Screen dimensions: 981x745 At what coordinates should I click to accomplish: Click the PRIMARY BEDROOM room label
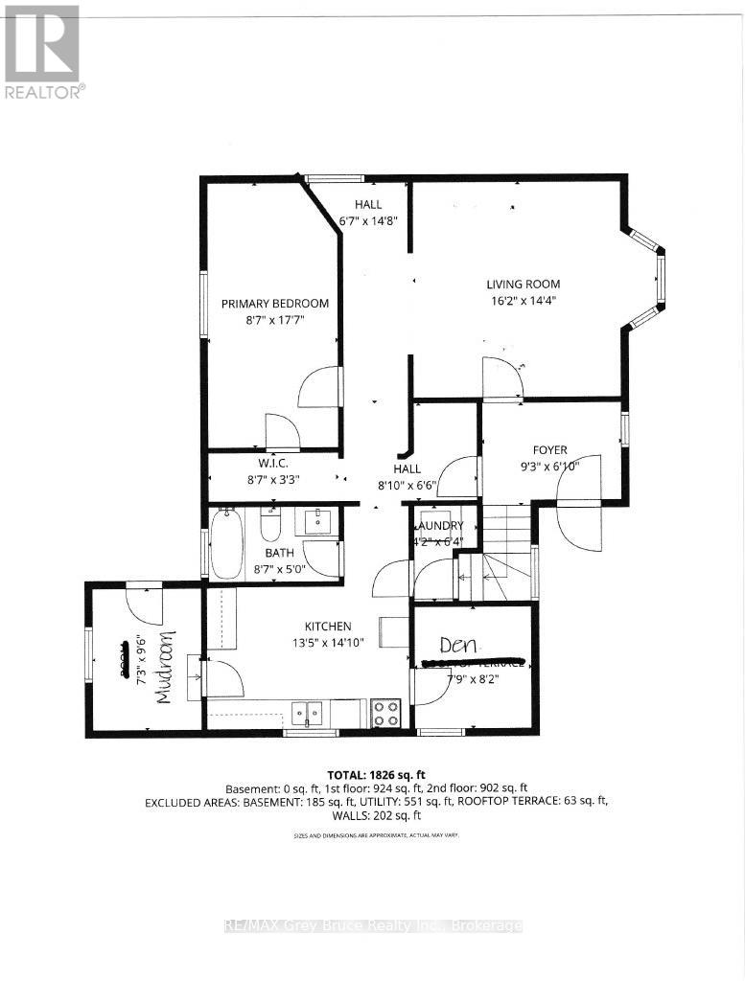[x=275, y=304]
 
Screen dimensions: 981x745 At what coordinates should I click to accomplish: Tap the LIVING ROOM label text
[x=523, y=284]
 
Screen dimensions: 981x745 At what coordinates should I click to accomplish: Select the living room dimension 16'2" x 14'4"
[x=522, y=300]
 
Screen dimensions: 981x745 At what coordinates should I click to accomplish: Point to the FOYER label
[x=550, y=449]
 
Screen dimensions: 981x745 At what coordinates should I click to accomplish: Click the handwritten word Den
[x=458, y=644]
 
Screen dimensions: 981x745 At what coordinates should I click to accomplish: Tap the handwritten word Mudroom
[x=166, y=668]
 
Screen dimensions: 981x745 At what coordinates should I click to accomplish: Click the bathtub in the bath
[x=227, y=545]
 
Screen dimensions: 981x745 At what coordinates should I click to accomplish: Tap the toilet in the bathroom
[x=270, y=525]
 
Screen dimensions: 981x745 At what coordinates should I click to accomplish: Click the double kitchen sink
[x=308, y=711]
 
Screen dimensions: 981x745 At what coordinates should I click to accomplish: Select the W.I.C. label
[x=274, y=465]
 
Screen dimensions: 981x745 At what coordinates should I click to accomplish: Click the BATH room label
[x=279, y=553]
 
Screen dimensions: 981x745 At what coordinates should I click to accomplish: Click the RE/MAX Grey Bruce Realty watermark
[x=372, y=926]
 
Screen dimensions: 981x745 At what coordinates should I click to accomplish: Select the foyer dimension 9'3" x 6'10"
[x=550, y=466]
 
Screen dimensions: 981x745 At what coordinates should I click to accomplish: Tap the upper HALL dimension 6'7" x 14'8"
[x=368, y=220]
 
